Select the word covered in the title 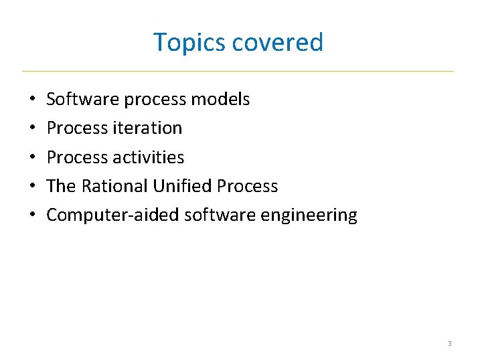[278, 43]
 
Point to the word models [220, 100]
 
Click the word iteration [148, 128]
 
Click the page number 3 [449, 343]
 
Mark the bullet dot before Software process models [32, 100]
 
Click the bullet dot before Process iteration [32, 128]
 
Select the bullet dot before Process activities [32, 157]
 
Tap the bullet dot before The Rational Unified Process [32, 187]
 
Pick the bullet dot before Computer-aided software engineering [32, 215]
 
